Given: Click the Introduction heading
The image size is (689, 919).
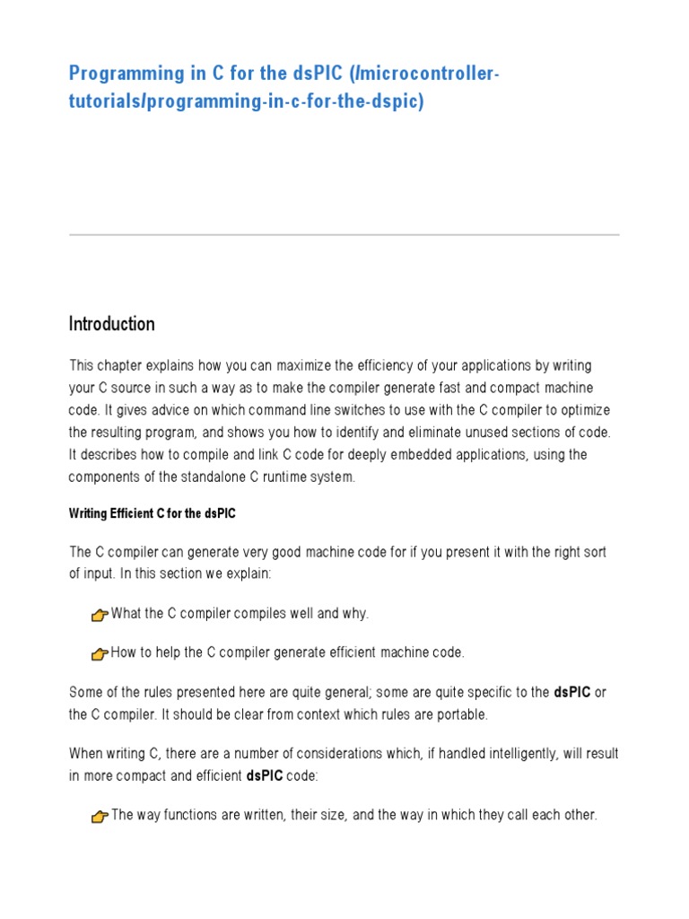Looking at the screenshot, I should (x=112, y=324).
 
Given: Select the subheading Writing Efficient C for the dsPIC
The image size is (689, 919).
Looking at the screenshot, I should (x=153, y=514).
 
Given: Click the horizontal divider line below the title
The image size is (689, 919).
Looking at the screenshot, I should (x=344, y=235).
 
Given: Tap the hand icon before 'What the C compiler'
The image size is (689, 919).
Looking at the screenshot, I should (x=100, y=615).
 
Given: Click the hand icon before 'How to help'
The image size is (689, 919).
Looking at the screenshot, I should (x=100, y=654).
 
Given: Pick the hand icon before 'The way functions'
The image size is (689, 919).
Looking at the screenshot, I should (x=100, y=817).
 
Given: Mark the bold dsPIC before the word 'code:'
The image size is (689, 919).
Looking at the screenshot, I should (x=265, y=776).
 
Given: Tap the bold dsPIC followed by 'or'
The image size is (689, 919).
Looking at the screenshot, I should (x=572, y=692).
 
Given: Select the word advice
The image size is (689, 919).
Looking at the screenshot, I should (x=194, y=410).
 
